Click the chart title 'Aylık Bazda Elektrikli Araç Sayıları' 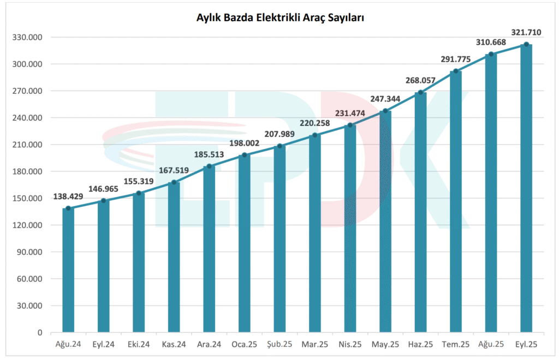pyautogui.click(x=280, y=18)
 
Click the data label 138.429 pyautogui.click(x=68, y=196)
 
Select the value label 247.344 pyautogui.click(x=385, y=100)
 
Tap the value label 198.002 pyautogui.click(x=245, y=143)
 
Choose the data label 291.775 pyautogui.click(x=456, y=59)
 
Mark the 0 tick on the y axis pyautogui.click(x=40, y=332)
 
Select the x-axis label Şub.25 pyautogui.click(x=279, y=344)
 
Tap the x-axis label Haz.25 pyautogui.click(x=420, y=344)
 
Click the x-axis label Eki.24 pyautogui.click(x=139, y=344)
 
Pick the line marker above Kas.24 pyautogui.click(x=174, y=183)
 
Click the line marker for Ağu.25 pyautogui.click(x=491, y=54)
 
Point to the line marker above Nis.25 pyautogui.click(x=350, y=125)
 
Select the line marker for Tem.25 pyautogui.click(x=456, y=71)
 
